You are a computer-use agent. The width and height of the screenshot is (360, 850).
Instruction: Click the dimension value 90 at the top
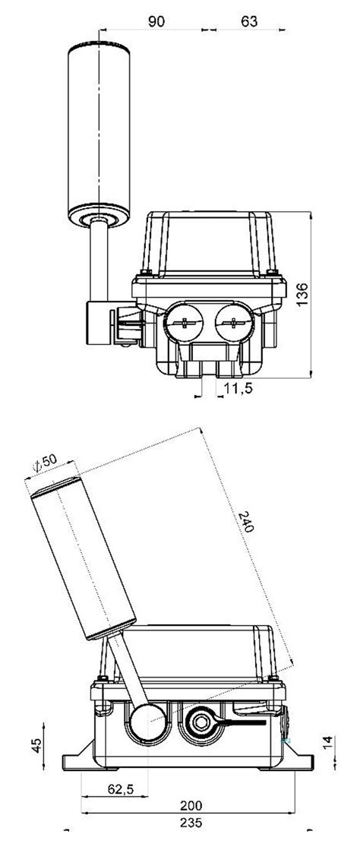156,22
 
